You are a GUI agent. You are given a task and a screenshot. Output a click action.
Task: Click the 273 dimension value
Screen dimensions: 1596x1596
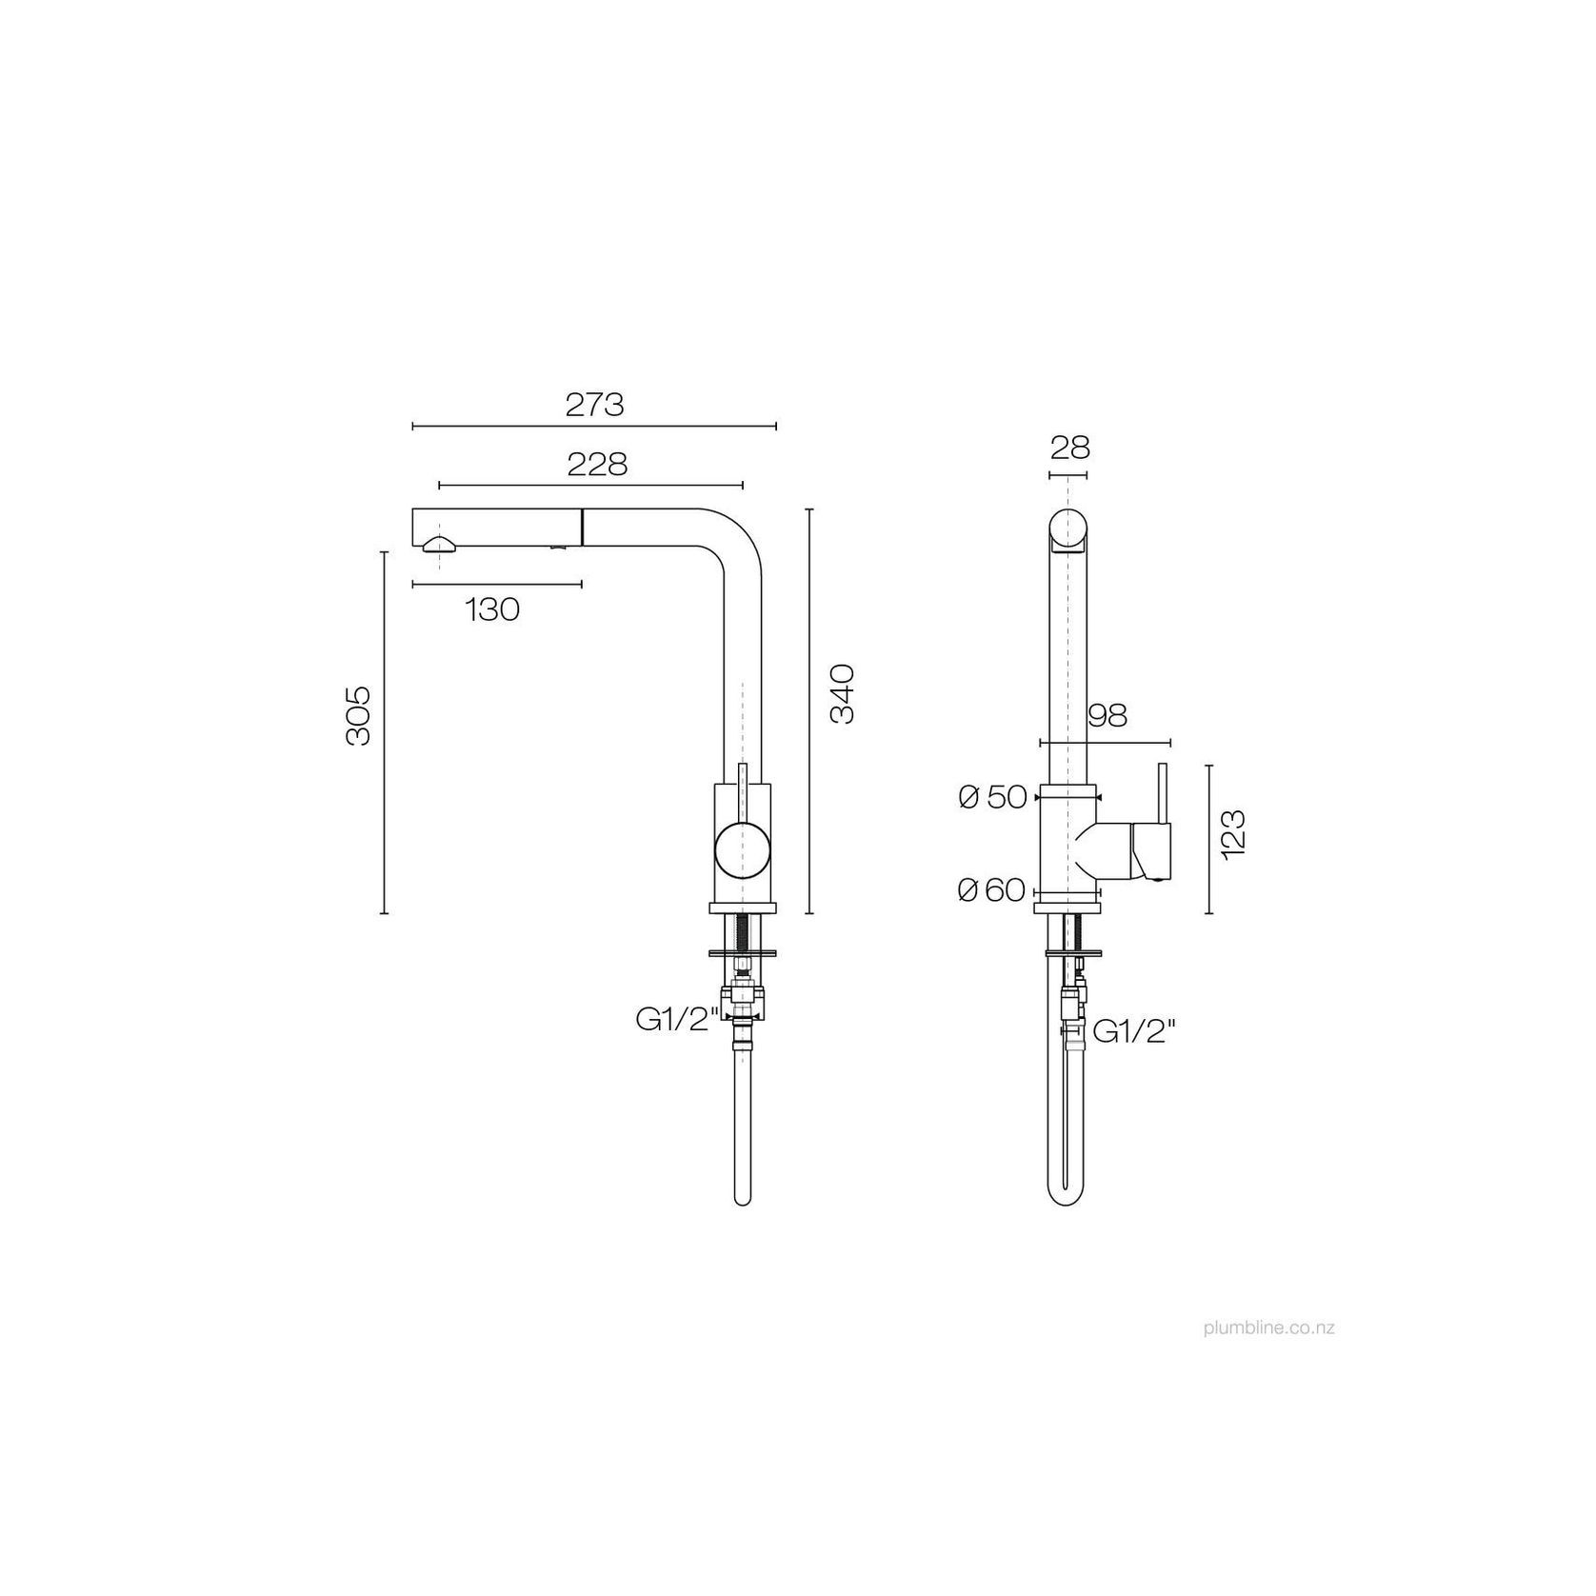click(x=594, y=405)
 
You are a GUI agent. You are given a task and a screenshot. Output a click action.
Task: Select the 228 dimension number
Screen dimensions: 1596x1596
click(x=597, y=465)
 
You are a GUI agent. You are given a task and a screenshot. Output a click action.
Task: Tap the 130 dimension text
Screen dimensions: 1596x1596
click(x=492, y=609)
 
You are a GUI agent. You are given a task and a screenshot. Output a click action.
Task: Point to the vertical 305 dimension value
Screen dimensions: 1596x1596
click(x=359, y=715)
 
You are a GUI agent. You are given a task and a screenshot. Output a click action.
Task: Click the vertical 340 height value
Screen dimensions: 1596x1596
click(x=843, y=694)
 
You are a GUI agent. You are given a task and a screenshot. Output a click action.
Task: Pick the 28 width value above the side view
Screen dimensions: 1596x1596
click(x=1069, y=447)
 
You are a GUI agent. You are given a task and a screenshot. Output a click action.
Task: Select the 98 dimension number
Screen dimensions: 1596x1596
click(x=1107, y=715)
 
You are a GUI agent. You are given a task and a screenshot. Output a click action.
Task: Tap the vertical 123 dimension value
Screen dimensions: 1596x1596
click(x=1232, y=835)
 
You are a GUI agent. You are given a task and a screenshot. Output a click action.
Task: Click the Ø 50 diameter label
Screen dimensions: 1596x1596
click(x=993, y=798)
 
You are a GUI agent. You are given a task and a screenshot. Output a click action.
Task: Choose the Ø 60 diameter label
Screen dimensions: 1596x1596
click(x=991, y=890)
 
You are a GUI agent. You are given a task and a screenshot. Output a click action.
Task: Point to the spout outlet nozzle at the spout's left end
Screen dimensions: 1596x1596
click(x=439, y=545)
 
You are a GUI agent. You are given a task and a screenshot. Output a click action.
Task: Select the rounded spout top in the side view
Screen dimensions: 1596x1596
click(x=1068, y=529)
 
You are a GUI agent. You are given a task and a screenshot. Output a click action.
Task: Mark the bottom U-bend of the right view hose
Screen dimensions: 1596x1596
click(x=1069, y=1200)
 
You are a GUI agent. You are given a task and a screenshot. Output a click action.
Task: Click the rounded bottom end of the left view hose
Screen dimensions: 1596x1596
click(x=744, y=1199)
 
